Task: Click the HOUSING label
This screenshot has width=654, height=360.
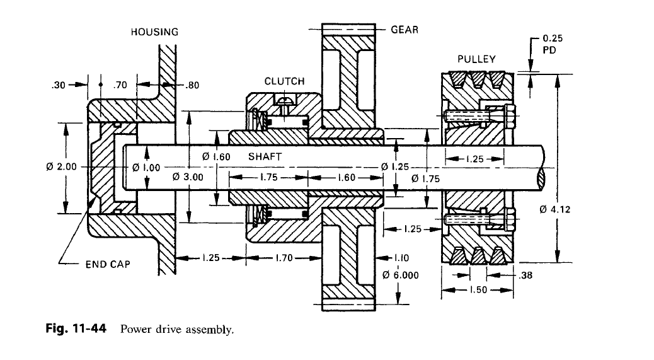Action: coord(154,32)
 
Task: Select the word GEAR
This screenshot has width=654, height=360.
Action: coord(405,30)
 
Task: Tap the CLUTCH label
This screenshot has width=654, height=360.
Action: coord(284,81)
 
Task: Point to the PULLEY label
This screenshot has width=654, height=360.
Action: coord(476,59)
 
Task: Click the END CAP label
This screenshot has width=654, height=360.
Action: coord(108,264)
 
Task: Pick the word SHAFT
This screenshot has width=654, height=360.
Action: coord(265,156)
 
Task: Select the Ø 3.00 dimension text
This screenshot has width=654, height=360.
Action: coord(188,178)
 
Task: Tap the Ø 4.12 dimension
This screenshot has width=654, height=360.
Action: coord(555,209)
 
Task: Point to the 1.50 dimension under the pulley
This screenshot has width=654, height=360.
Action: coord(478,290)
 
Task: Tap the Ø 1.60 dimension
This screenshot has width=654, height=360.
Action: coord(217,156)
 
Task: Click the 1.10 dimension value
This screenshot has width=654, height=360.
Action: coord(401,257)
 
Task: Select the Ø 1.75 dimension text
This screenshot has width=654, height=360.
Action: coord(425,179)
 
